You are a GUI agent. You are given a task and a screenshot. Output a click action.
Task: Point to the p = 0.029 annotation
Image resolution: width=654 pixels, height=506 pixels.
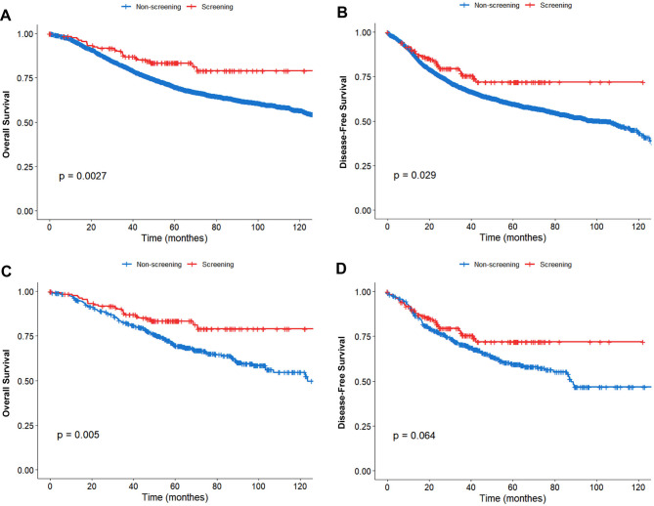pos(416,175)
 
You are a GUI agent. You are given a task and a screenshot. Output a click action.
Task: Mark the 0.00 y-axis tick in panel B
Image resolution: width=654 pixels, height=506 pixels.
pos(364,210)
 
